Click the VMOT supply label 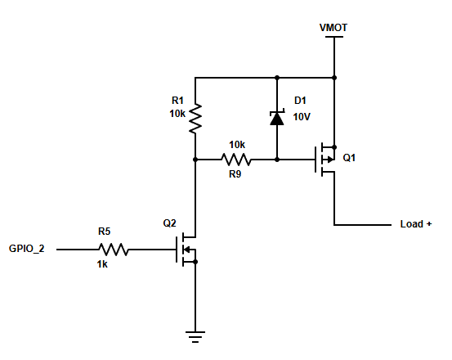[x=333, y=28]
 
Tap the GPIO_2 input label [x=27, y=249]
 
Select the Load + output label [x=416, y=224]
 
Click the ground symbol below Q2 [x=195, y=336]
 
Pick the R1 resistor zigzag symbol [x=195, y=119]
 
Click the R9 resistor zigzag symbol [x=236, y=160]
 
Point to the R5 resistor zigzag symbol [x=114, y=250]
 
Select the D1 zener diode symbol [x=277, y=118]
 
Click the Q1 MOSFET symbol [x=325, y=160]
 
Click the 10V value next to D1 [x=302, y=117]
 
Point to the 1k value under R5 [x=102, y=264]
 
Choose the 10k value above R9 [x=237, y=145]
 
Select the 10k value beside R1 [x=177, y=114]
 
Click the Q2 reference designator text [x=169, y=223]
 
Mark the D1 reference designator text [x=300, y=101]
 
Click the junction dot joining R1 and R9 [x=195, y=160]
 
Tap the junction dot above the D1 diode [x=277, y=78]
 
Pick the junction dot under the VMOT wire [x=334, y=78]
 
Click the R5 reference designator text [x=105, y=232]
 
